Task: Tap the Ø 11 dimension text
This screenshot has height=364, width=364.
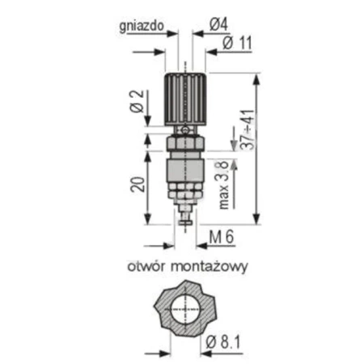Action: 235,44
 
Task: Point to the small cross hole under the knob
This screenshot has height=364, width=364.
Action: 185,130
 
